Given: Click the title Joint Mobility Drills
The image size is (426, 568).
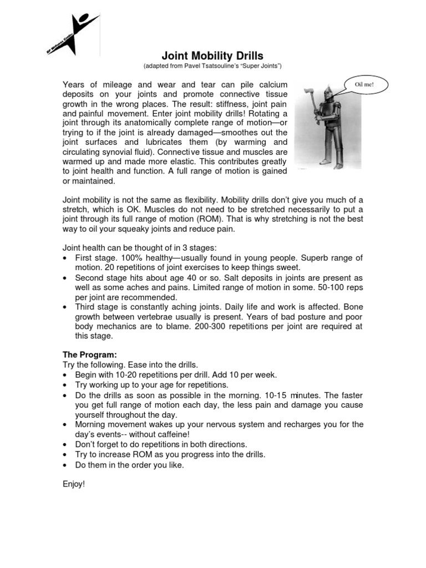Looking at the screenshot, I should (x=212, y=55).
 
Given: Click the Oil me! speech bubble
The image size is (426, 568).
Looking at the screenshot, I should (x=364, y=85).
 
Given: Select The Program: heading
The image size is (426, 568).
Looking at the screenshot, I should (x=89, y=354).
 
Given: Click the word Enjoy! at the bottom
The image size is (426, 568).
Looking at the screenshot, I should (x=74, y=484).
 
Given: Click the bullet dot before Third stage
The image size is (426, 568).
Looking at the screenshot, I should (x=67, y=307).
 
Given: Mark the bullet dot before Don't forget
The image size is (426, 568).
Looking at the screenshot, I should (x=67, y=445).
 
